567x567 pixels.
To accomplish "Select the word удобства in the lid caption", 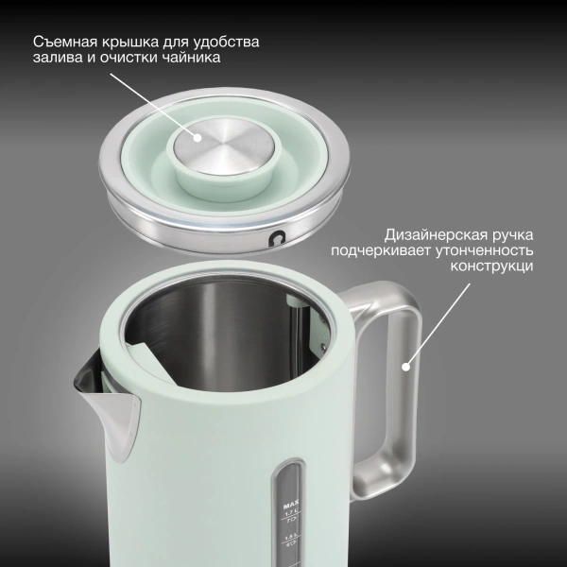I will click(225, 43).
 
